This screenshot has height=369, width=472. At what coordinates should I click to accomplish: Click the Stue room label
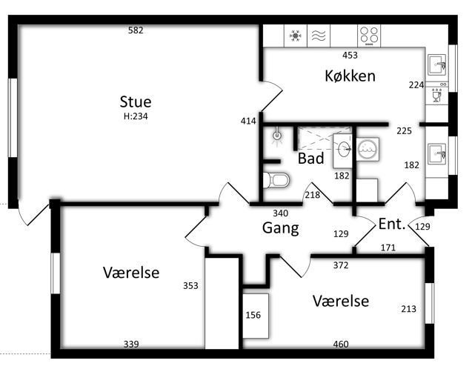pyautogui.click(x=136, y=102)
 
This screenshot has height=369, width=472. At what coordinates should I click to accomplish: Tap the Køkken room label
pyautogui.click(x=350, y=76)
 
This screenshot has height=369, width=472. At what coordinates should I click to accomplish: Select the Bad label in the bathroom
pyautogui.click(x=310, y=159)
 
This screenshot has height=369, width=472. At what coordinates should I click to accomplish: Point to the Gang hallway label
pyautogui.click(x=281, y=227)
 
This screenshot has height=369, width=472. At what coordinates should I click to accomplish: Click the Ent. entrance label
pyautogui.click(x=392, y=224)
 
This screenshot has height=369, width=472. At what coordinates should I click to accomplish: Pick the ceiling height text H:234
pyautogui.click(x=136, y=116)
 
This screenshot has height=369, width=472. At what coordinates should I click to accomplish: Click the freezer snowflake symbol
pyautogui.click(x=296, y=36)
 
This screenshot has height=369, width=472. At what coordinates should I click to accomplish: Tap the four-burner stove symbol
pyautogui.click(x=369, y=36)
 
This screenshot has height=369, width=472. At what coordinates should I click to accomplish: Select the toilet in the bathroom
pyautogui.click(x=276, y=180)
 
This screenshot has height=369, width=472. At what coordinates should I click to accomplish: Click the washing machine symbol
pyautogui.click(x=368, y=149)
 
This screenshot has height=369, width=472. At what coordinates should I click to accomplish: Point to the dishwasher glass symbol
pyautogui.click(x=436, y=96)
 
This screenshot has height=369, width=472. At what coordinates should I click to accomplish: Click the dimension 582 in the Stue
pyautogui.click(x=136, y=30)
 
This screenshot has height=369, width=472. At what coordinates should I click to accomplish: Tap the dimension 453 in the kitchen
pyautogui.click(x=350, y=55)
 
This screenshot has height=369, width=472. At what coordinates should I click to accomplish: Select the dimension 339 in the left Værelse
pyautogui.click(x=131, y=344)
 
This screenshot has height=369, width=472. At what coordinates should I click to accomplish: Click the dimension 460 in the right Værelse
pyautogui.click(x=341, y=344)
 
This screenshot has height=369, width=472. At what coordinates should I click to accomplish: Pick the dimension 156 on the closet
pyautogui.click(x=253, y=315)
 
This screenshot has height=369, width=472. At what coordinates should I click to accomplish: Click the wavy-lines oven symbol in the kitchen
pyautogui.click(x=319, y=36)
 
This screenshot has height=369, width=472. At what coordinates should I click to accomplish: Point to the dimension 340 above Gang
pyautogui.click(x=281, y=213)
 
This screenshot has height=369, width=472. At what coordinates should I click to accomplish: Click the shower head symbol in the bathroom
pyautogui.click(x=277, y=136)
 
